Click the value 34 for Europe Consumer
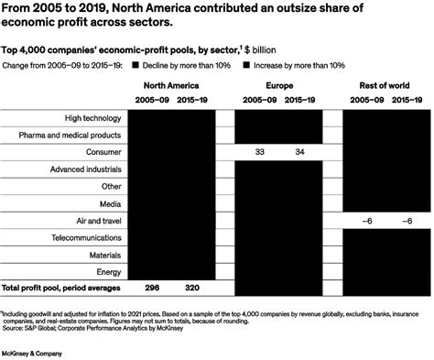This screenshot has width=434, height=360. pos(299,152)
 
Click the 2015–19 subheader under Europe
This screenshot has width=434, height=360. pos(299,98)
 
